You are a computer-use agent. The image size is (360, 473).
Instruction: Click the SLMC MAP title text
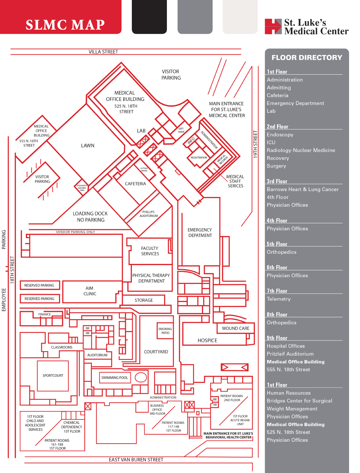pos(65,25)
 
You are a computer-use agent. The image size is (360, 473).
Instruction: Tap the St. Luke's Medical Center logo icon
pos(273,27)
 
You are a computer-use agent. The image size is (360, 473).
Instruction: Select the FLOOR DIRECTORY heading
pos(307,58)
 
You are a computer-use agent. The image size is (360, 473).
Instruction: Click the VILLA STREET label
pos(103,52)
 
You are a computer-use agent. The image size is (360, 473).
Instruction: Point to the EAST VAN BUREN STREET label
pos(136,460)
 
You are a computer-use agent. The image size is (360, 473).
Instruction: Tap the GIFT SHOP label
pos(181,130)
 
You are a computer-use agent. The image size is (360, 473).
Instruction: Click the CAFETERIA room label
pos(135,184)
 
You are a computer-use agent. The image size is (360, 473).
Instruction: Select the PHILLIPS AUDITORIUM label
pos(148,214)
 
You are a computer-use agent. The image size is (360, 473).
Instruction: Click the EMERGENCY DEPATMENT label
pos(200,233)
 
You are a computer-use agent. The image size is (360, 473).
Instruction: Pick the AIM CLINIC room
pos(90,291)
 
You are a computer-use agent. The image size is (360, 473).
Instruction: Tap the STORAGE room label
pos(144,300)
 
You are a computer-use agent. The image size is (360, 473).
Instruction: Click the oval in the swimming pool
pos(141,377)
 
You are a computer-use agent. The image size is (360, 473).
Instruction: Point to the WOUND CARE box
pos(236,328)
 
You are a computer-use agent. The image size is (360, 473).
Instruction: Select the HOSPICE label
pos(207,340)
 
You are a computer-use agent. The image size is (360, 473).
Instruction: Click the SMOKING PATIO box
pos(165,331)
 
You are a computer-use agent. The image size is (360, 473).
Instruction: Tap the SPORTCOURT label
pos(53,375)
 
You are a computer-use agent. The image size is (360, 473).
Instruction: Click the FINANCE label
pos(44,314)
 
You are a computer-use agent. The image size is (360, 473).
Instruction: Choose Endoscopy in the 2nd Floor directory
pos(280,135)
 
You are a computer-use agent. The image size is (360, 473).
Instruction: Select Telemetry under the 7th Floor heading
pos(278,299)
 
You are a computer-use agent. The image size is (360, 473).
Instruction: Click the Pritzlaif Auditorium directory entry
pos(290,354)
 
